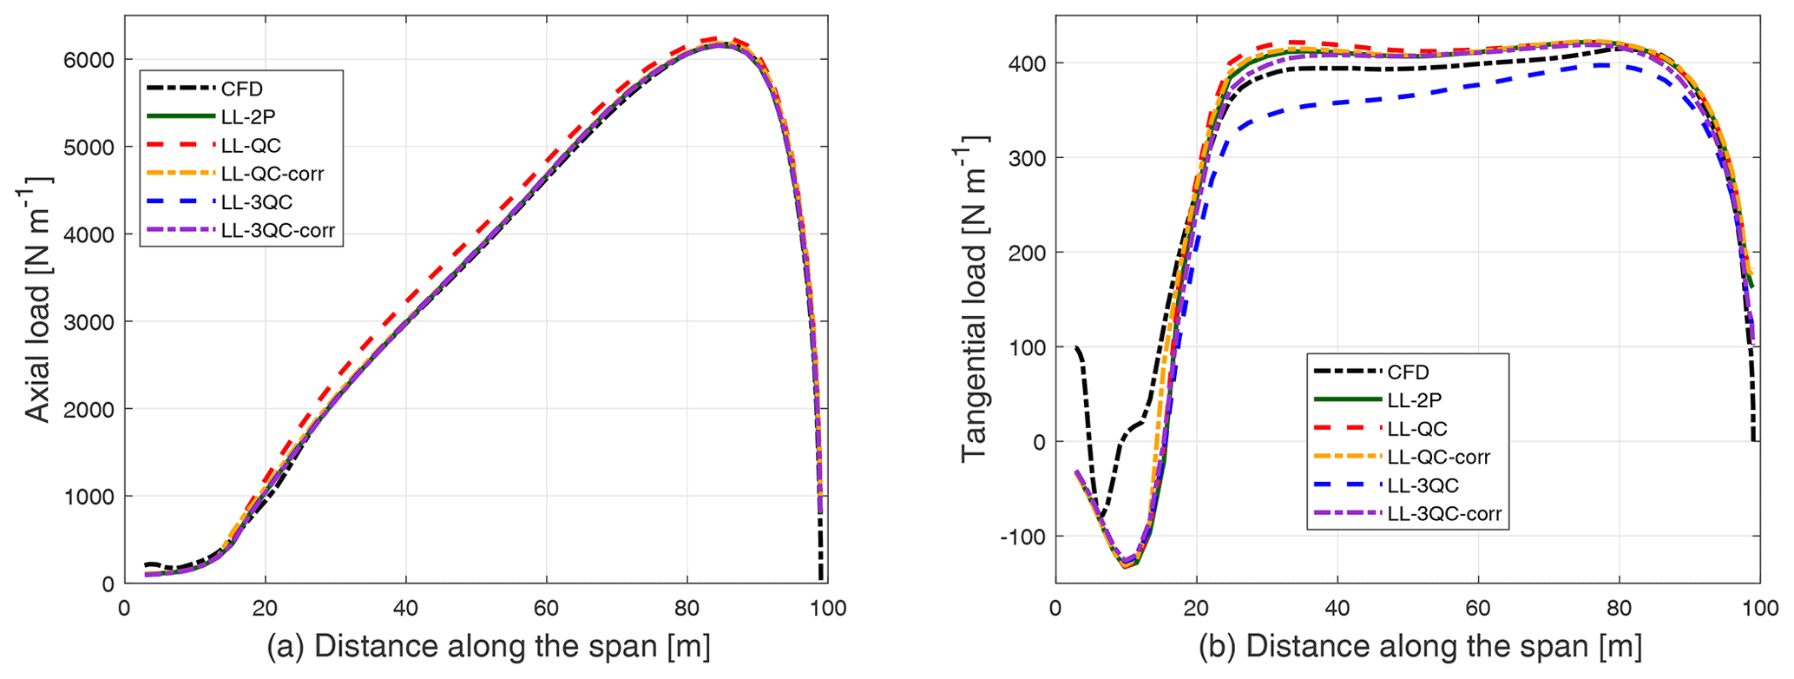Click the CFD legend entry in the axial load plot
[x=241, y=89]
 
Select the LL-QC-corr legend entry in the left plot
[x=272, y=174]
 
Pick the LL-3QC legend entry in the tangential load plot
[x=1423, y=485]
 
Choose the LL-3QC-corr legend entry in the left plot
[x=277, y=231]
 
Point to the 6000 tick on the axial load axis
[x=89, y=60]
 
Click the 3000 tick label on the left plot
[x=89, y=322]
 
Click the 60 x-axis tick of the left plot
[x=547, y=608]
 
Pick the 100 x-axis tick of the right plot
[x=1759, y=608]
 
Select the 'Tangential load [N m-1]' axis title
[x=975, y=299]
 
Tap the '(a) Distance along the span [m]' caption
[x=489, y=648]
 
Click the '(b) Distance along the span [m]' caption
[x=1420, y=648]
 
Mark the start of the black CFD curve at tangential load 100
[x=1076, y=347]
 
